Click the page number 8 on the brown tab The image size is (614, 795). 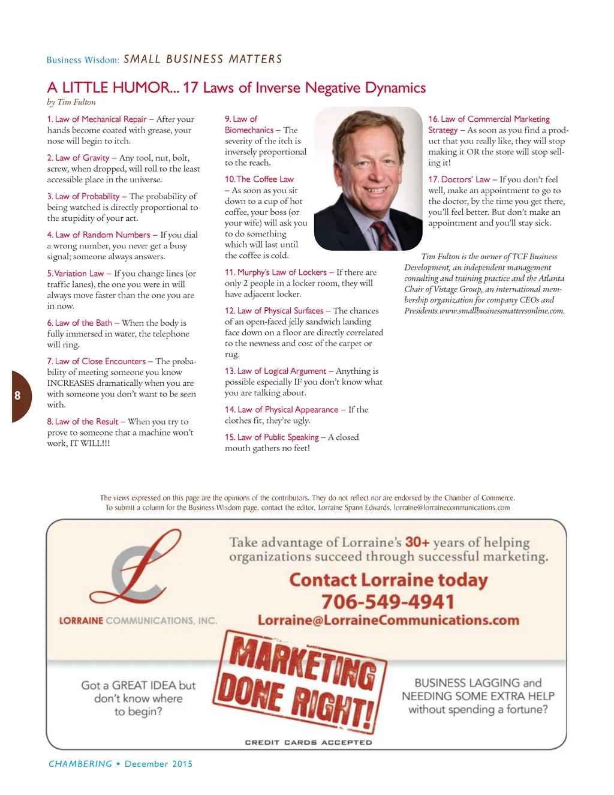click(17, 395)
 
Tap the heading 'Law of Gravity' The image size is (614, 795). click(82, 158)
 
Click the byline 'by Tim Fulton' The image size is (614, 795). click(71, 103)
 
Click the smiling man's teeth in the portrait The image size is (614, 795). click(376, 190)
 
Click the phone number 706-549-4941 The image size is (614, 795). click(387, 602)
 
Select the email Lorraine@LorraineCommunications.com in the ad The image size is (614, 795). click(389, 620)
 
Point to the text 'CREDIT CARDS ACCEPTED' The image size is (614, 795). click(308, 743)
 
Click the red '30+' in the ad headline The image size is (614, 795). click(417, 542)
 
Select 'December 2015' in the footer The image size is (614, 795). click(159, 764)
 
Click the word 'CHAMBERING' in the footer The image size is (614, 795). click(80, 764)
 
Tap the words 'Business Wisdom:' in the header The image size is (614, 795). click(83, 60)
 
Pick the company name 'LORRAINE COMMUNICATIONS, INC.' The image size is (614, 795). click(138, 621)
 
